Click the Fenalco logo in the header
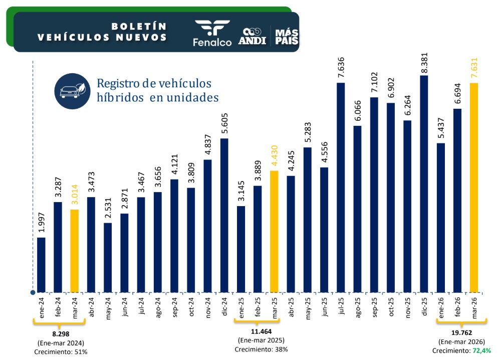(x=212, y=33)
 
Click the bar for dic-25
(x=424, y=184)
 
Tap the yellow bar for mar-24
(x=74, y=251)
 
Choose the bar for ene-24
(x=41, y=264)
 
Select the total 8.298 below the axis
(x=59, y=334)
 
